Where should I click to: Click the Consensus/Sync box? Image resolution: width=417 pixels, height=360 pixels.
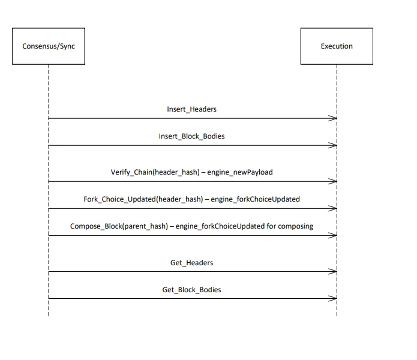tap(49, 46)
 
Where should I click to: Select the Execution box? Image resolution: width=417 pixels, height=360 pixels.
tap(337, 46)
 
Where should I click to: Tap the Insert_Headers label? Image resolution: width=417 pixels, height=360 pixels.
tap(191, 109)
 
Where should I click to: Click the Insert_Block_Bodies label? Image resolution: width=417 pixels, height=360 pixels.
tap(191, 136)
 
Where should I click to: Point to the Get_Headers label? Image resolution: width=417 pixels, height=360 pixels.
tap(191, 263)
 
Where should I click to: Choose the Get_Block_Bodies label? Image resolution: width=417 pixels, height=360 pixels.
tap(191, 290)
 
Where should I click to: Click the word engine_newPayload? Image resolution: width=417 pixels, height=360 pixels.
tap(240, 172)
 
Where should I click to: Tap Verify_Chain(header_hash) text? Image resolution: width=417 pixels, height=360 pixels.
tap(155, 172)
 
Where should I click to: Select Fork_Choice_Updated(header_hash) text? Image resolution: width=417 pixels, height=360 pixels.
tap(143, 199)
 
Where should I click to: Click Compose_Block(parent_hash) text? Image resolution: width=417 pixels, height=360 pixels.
tap(119, 226)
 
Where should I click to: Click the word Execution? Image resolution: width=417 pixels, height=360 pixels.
tap(337, 46)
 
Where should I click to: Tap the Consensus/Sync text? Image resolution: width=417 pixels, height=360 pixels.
tap(49, 46)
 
